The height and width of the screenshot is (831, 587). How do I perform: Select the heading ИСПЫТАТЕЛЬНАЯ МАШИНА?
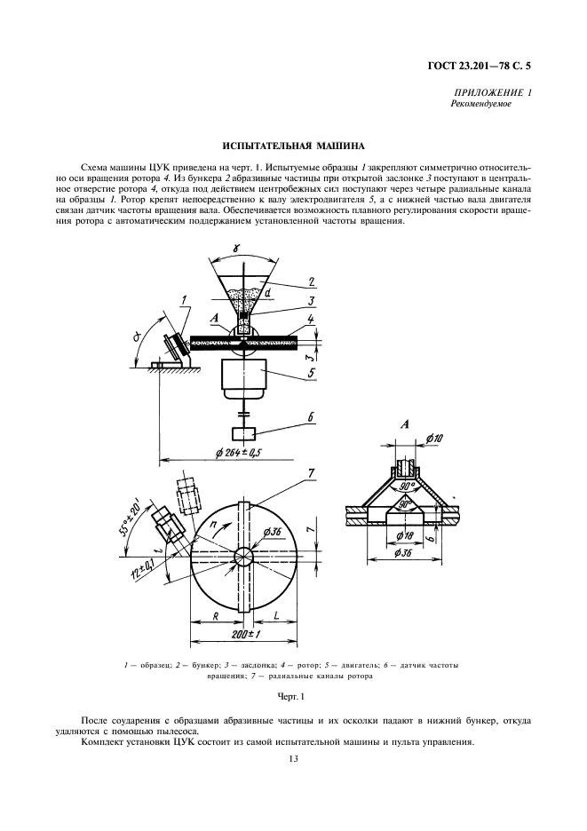[x=293, y=146]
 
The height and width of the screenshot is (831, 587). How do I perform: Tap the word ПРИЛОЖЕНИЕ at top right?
[x=487, y=92]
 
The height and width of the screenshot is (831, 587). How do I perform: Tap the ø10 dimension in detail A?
[x=435, y=439]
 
